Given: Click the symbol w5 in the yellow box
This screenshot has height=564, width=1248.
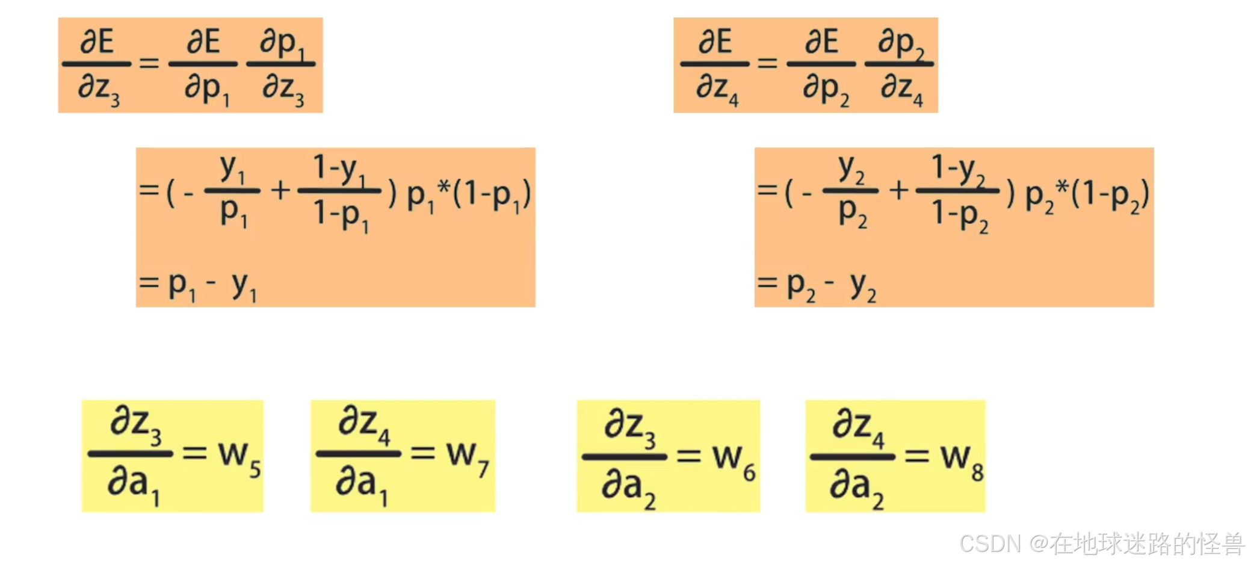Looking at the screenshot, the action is [239, 457].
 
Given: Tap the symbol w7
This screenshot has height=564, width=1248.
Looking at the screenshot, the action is [467, 457].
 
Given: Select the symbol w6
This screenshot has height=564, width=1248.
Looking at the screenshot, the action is [733, 460].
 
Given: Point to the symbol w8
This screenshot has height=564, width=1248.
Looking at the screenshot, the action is [962, 460].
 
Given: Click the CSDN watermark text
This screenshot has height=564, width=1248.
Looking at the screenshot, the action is [1101, 544].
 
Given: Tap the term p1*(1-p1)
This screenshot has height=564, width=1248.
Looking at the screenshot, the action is [469, 194].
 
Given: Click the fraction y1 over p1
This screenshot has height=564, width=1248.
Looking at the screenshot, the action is [232, 190].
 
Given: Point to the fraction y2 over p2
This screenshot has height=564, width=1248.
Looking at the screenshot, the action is [851, 190].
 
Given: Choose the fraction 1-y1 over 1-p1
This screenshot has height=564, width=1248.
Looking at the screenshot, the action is [340, 191].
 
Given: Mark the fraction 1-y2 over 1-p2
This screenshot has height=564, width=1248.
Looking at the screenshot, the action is [958, 191].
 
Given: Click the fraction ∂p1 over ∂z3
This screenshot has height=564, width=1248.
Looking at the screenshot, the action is [282, 65].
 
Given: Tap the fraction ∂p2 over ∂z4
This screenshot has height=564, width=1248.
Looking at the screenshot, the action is [900, 65].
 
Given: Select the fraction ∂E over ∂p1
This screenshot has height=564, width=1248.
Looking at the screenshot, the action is [203, 65].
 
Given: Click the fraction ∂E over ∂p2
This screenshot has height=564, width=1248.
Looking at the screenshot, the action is [821, 65].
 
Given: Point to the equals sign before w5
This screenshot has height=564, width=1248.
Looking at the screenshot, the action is [194, 453].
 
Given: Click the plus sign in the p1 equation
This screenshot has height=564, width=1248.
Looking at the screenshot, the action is [280, 191].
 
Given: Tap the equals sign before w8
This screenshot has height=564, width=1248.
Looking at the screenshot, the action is [916, 456].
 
